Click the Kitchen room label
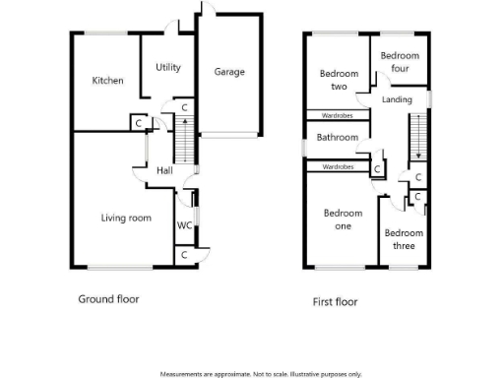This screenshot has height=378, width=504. tap(107, 81)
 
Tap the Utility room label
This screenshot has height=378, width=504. tap(168, 67)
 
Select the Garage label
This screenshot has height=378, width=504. tap(229, 71)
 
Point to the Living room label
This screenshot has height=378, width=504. tap(127, 218)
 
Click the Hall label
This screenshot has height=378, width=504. tap(165, 171)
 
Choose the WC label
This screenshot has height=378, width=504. tap(183, 225)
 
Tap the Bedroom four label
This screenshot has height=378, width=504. tap(400, 62)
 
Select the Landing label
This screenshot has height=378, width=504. tap(397, 99)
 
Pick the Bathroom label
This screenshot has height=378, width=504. tap(337, 138)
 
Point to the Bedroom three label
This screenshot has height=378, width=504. tap(404, 239)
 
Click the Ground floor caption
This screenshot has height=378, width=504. tap(108, 298)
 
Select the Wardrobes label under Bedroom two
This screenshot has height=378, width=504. tap(338, 115)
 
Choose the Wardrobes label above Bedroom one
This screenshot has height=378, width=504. tap(338, 167)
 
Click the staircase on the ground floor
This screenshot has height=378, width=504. tap(183, 140)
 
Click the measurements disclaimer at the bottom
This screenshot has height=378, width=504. tap(260, 374)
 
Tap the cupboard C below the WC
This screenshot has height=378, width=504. tap(184, 255)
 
